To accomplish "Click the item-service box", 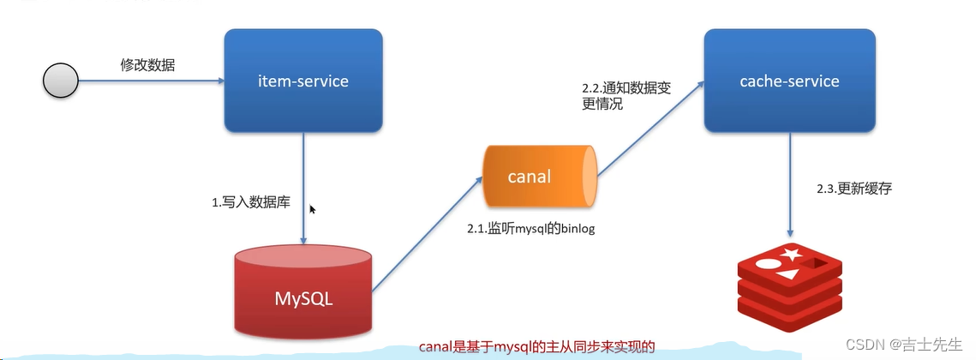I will point(302,81).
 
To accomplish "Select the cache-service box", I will point(789,81).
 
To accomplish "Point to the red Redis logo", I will point(788,287).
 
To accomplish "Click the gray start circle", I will point(60,81).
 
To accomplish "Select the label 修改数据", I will point(147,64).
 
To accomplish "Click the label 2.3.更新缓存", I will point(853,189).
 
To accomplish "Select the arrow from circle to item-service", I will point(150,81).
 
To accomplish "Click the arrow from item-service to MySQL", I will point(303,189).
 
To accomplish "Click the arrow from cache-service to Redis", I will point(789,184).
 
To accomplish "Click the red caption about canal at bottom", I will point(536,347).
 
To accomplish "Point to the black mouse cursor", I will point(313,210).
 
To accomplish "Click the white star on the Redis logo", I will point(790,254).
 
